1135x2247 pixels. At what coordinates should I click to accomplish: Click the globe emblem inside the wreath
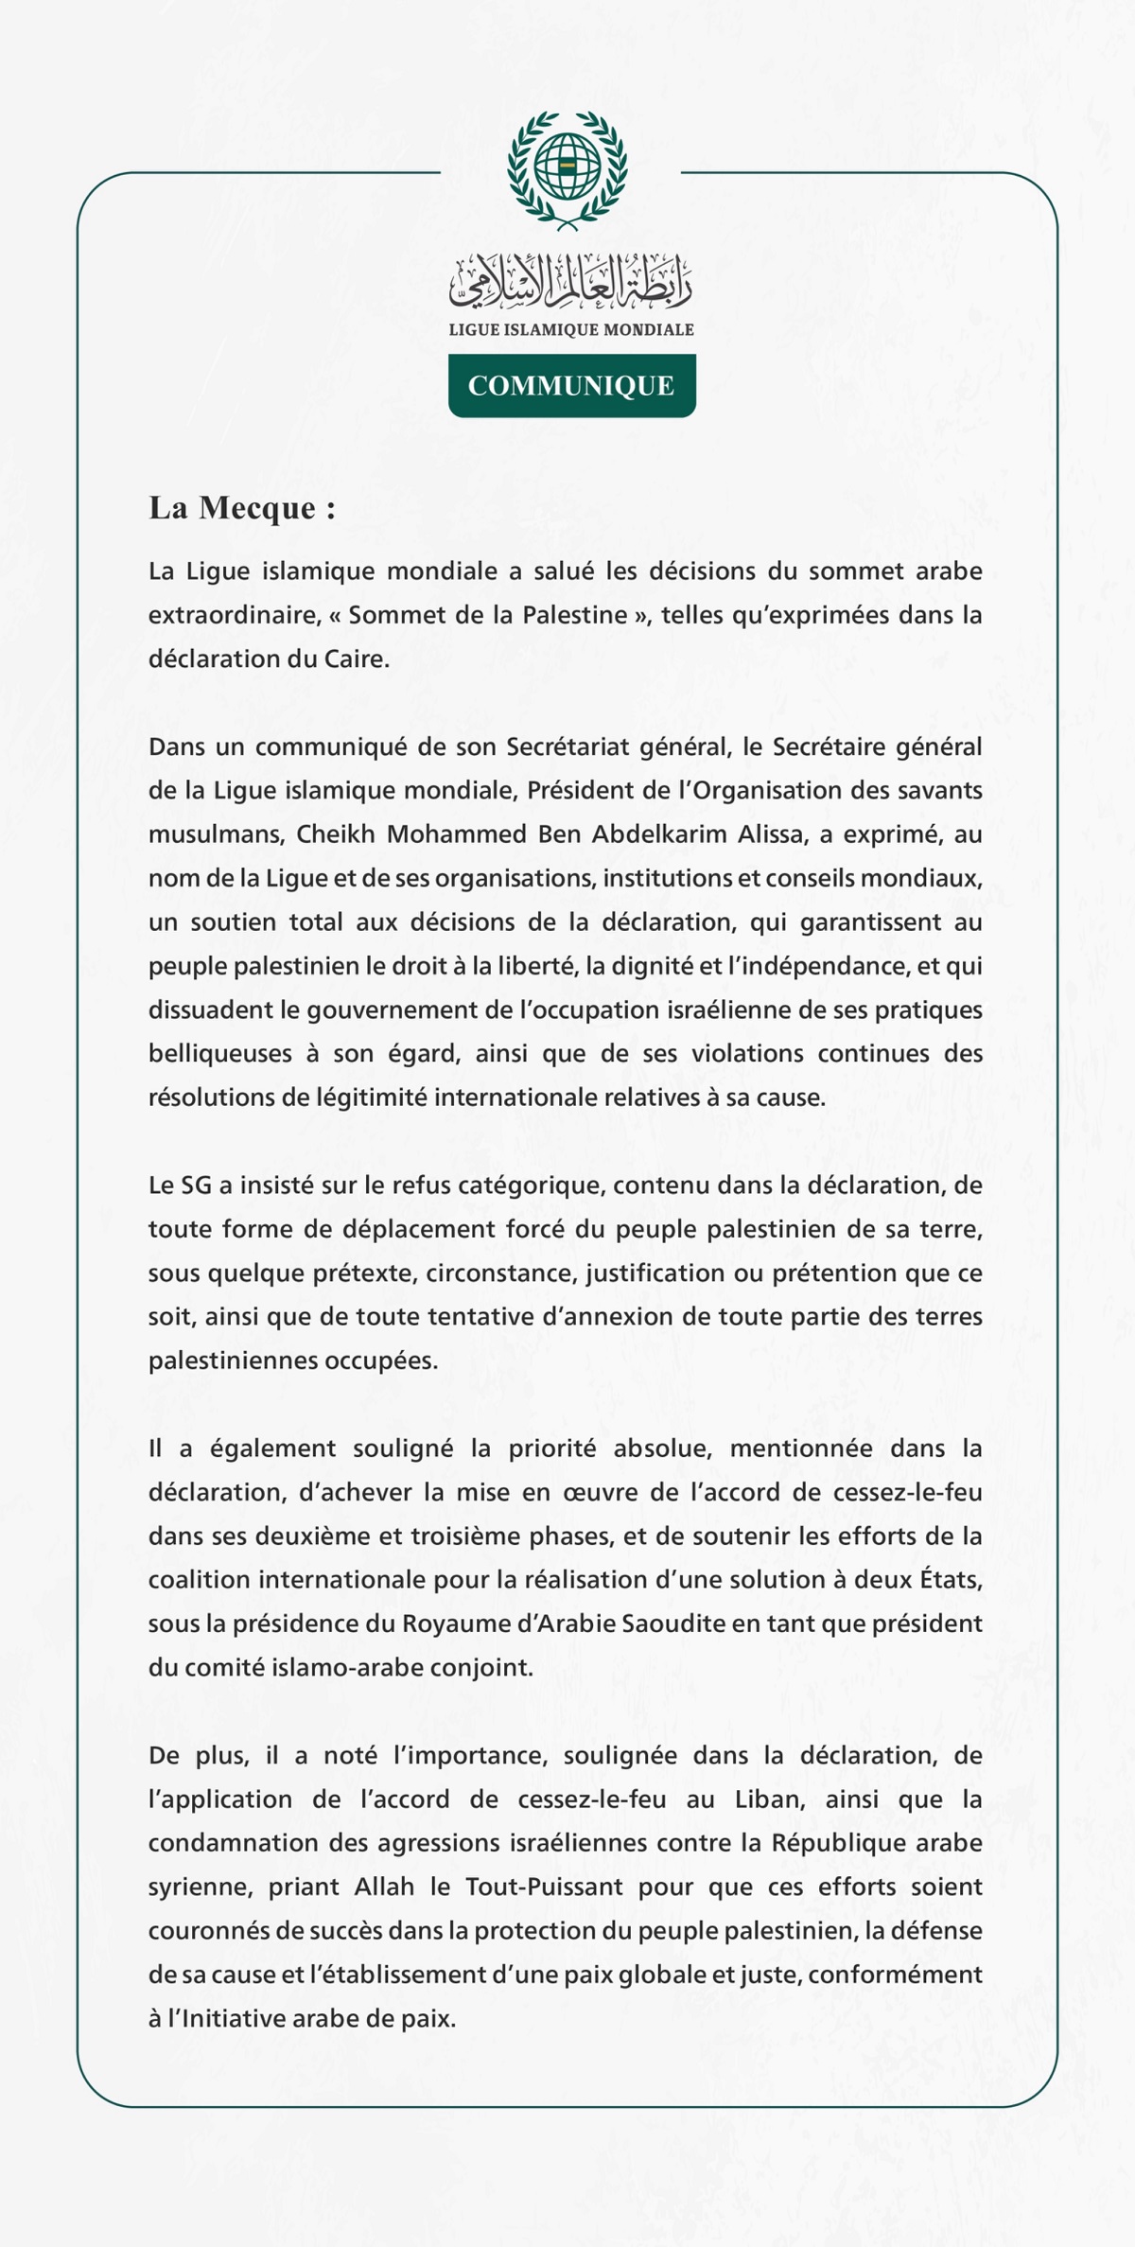coord(567,165)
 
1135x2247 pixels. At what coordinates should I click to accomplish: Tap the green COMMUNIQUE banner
coord(571,385)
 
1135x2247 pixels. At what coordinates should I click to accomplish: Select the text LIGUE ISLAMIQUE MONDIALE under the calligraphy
coord(571,330)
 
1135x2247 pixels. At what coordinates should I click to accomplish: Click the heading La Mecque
coord(242,509)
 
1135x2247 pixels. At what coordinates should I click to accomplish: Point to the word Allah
coord(384,1887)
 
